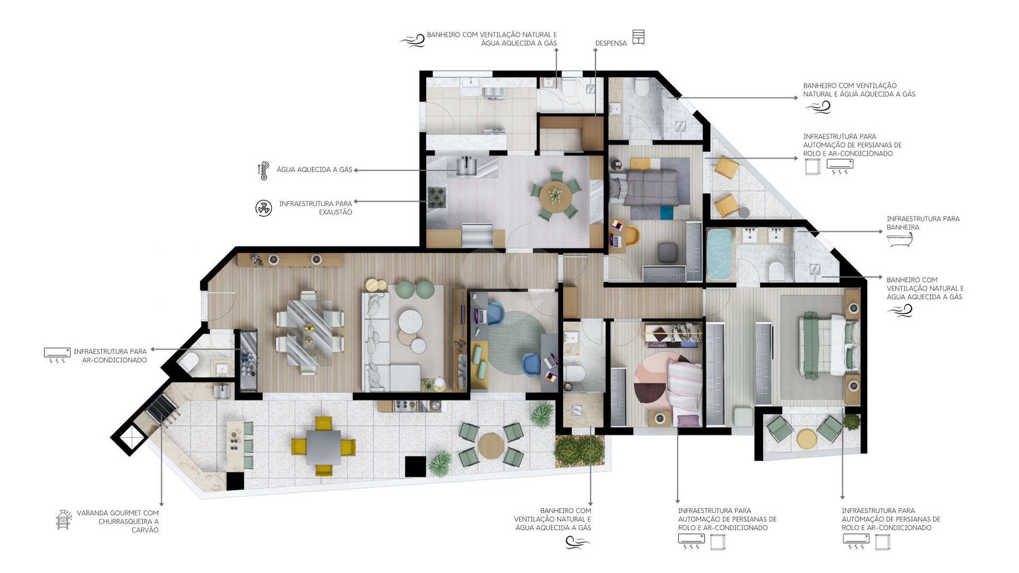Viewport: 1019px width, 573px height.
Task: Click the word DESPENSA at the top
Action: click(x=611, y=43)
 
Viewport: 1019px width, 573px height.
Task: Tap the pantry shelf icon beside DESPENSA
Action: click(x=638, y=37)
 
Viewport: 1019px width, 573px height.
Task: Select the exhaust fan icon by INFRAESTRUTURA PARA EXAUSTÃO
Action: click(x=264, y=208)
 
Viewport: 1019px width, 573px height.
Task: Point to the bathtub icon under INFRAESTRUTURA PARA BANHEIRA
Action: click(x=899, y=239)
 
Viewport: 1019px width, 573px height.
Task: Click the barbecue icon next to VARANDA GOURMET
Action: click(x=64, y=520)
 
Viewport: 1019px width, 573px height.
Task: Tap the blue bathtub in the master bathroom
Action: click(x=719, y=254)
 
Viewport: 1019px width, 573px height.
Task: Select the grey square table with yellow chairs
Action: click(x=324, y=447)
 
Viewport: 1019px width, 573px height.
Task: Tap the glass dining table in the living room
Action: click(x=309, y=332)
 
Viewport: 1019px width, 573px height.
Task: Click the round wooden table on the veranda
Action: click(x=491, y=445)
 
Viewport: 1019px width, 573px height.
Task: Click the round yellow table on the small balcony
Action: click(x=807, y=439)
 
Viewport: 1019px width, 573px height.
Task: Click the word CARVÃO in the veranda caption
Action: click(x=145, y=530)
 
